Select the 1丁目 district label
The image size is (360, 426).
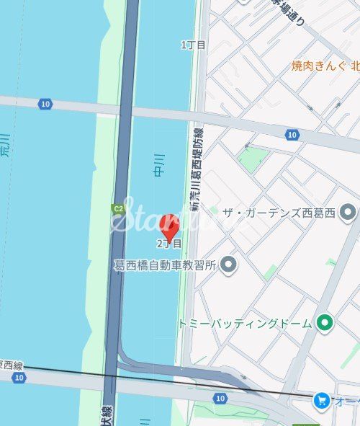coord(193,45)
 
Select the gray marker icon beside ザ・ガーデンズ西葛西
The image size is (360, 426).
coord(348,212)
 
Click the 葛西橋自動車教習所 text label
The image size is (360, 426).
coord(166,265)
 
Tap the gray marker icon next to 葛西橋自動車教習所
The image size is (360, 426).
coord(229,265)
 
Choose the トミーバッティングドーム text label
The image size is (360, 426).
coord(245,324)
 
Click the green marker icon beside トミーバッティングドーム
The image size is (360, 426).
coord(325,323)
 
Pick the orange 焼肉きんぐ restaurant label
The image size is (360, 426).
coord(321,66)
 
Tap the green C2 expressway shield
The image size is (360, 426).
coord(117,209)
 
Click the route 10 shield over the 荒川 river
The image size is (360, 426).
coord(46,105)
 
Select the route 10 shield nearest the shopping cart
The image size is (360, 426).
coord(220,398)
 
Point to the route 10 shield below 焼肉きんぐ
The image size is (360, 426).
coord(292,135)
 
